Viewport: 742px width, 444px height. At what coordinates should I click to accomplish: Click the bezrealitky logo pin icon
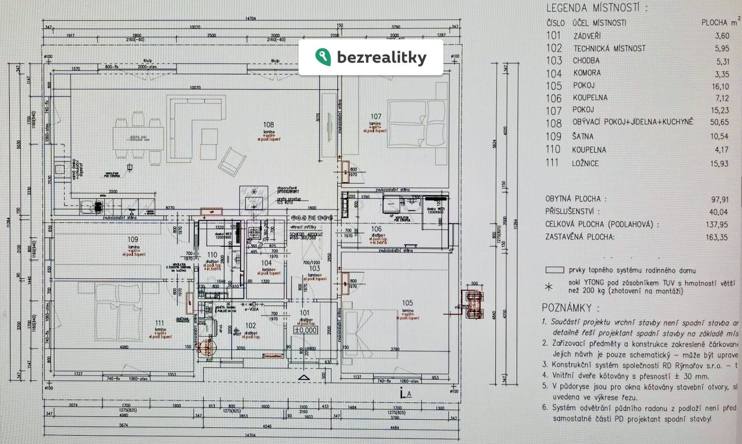click(x=323, y=57)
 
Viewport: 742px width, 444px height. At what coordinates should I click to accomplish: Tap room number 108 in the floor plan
click(x=268, y=125)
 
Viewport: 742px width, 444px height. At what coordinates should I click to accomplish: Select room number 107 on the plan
click(x=376, y=117)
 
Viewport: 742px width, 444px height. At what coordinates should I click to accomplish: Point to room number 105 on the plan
click(x=407, y=304)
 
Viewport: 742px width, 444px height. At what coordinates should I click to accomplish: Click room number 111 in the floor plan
click(x=160, y=323)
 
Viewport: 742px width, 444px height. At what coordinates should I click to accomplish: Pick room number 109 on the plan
click(x=133, y=239)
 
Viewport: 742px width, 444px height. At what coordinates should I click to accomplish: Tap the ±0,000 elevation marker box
click(x=305, y=330)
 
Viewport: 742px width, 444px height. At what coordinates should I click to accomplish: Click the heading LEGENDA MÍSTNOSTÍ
click(x=596, y=8)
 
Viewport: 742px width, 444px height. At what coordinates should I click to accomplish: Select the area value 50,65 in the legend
click(x=719, y=122)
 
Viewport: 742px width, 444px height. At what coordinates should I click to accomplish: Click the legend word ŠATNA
click(x=583, y=137)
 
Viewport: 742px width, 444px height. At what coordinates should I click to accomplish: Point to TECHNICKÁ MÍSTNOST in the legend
click(x=609, y=49)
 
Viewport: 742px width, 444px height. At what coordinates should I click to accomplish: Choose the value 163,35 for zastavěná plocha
click(x=719, y=237)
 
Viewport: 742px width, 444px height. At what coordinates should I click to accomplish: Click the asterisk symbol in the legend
click(x=549, y=287)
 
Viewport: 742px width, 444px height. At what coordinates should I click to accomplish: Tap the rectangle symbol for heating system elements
click(x=554, y=271)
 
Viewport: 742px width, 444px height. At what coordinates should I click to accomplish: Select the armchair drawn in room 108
click(x=232, y=161)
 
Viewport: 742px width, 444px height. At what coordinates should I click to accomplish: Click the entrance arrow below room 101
click(x=304, y=377)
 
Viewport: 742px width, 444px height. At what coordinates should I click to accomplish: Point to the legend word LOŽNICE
click(x=585, y=164)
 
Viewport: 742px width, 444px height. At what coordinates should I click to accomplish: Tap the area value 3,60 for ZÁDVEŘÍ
click(x=722, y=36)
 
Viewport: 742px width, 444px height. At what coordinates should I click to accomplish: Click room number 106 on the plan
click(x=376, y=229)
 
